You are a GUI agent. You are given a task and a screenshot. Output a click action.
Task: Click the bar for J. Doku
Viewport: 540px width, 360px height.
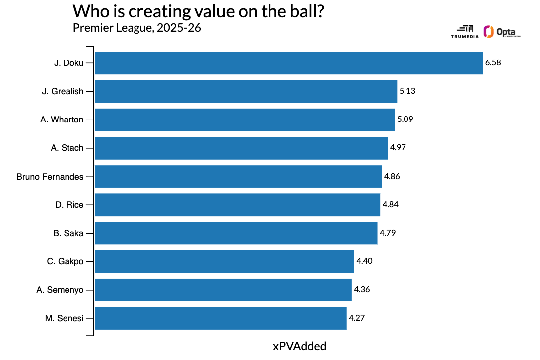(x=288, y=63)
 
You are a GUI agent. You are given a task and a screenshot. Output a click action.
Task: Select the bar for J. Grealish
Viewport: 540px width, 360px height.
(x=246, y=91)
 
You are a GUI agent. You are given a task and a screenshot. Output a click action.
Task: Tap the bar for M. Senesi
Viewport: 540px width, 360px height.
(x=220, y=318)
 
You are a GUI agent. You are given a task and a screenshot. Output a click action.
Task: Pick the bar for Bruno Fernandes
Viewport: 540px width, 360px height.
(x=238, y=177)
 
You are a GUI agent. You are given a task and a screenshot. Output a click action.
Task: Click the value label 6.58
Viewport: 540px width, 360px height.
(x=493, y=63)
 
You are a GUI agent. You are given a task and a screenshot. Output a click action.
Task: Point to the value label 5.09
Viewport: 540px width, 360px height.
(x=405, y=120)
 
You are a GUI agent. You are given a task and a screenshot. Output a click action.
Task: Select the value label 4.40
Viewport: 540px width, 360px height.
(x=364, y=261)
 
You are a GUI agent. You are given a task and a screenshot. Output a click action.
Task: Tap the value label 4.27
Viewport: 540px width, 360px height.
(x=357, y=318)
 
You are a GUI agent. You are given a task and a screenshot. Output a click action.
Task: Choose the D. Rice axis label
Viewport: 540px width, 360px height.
(x=69, y=205)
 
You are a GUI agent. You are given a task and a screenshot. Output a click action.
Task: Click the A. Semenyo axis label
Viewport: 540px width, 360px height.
(x=60, y=290)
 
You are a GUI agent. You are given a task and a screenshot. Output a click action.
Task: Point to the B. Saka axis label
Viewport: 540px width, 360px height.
(x=68, y=233)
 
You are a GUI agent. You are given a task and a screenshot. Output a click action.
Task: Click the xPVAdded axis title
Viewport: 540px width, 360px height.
(x=300, y=346)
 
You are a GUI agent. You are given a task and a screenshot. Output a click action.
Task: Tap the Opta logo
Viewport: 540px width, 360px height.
(x=501, y=32)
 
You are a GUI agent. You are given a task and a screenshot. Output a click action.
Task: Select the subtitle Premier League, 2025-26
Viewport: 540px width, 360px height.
(x=137, y=28)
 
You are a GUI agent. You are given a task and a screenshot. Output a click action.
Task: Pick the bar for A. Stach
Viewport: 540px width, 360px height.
(x=241, y=148)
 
